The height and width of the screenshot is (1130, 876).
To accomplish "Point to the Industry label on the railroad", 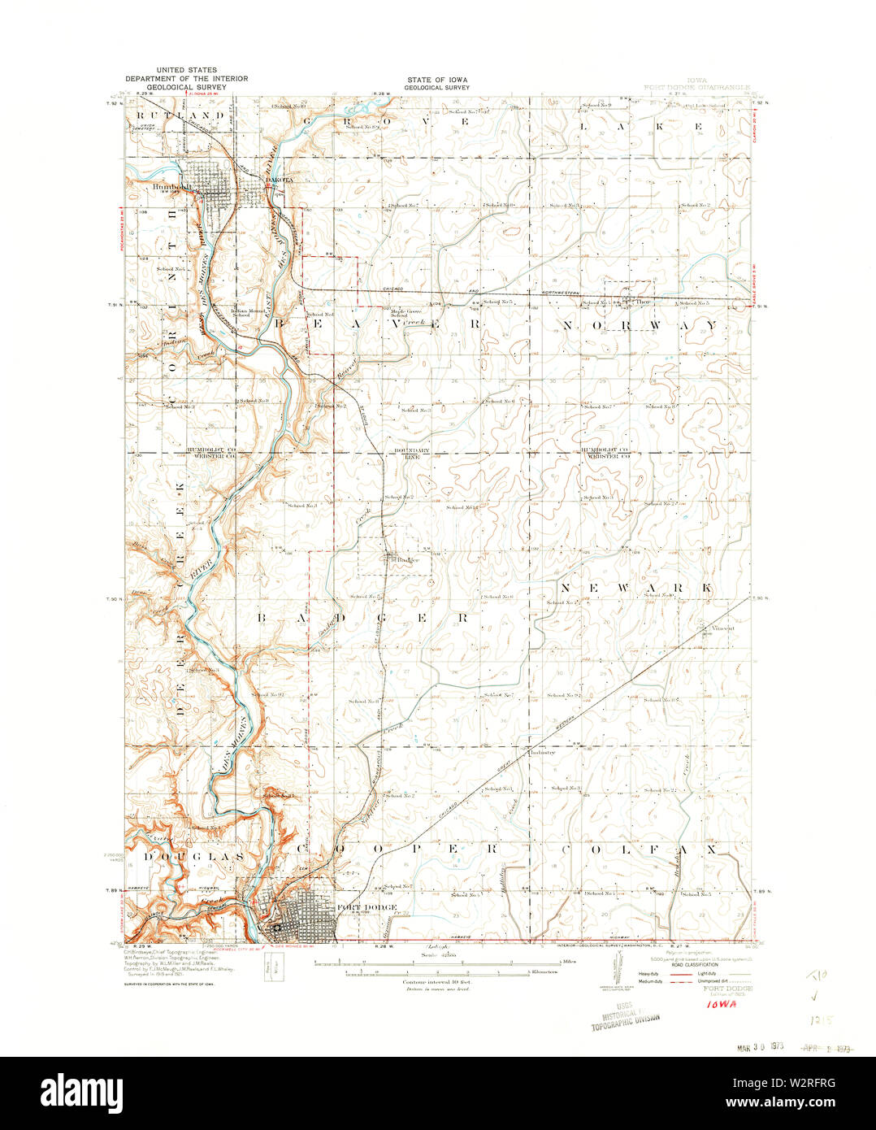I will click(x=542, y=753).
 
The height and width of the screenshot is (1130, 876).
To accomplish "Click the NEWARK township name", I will click(x=635, y=586).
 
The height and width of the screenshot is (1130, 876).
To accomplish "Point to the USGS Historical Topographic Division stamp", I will click(x=625, y=1014).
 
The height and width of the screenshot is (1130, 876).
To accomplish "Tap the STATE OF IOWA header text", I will click(x=438, y=80).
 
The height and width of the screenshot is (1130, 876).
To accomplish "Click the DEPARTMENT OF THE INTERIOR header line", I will click(x=186, y=79).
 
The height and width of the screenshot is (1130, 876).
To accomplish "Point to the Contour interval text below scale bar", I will click(x=437, y=982).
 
